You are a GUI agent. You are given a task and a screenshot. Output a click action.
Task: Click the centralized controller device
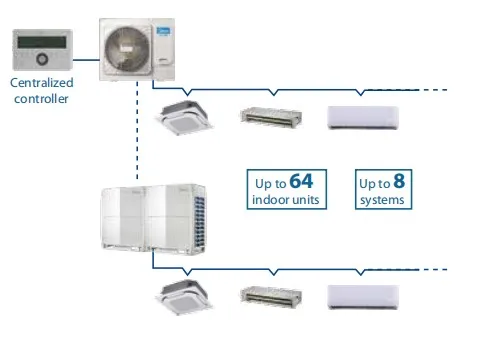(43, 48)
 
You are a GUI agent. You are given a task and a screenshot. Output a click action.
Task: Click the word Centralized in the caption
(43, 83)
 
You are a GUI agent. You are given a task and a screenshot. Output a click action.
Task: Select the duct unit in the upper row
(270, 117)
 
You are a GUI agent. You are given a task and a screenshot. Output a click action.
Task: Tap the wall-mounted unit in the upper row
(364, 117)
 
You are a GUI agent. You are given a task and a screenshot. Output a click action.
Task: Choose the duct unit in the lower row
(270, 296)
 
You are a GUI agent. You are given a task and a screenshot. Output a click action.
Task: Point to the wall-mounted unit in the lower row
(364, 296)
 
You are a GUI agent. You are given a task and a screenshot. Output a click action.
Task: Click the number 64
(302, 181)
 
